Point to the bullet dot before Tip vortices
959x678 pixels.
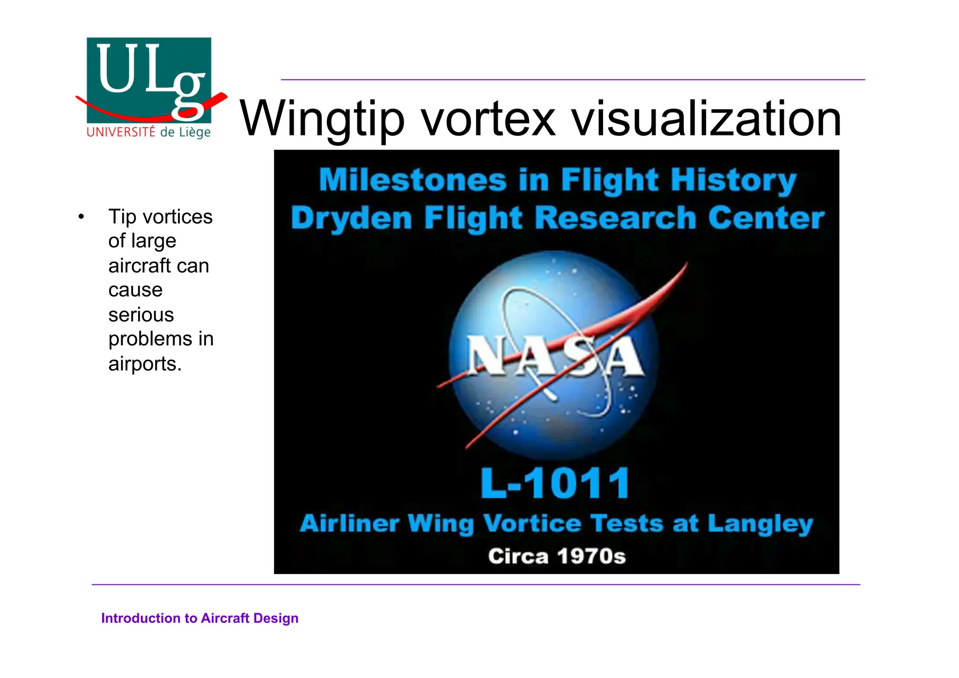(x=81, y=217)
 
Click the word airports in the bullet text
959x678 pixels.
(x=144, y=364)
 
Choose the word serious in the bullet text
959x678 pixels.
(x=141, y=315)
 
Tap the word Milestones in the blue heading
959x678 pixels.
(x=413, y=180)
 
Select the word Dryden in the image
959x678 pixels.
(x=351, y=218)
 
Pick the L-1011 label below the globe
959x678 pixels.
(x=555, y=484)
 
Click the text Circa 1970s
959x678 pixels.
(x=557, y=557)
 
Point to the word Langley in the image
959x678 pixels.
(x=760, y=524)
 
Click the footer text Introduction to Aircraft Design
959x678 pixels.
(x=199, y=618)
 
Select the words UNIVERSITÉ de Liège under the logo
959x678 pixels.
(x=148, y=132)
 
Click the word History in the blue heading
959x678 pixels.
(x=733, y=181)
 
